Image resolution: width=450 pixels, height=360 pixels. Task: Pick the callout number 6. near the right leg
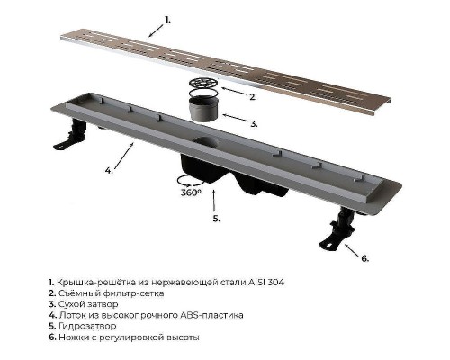pyautogui.click(x=364, y=258)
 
